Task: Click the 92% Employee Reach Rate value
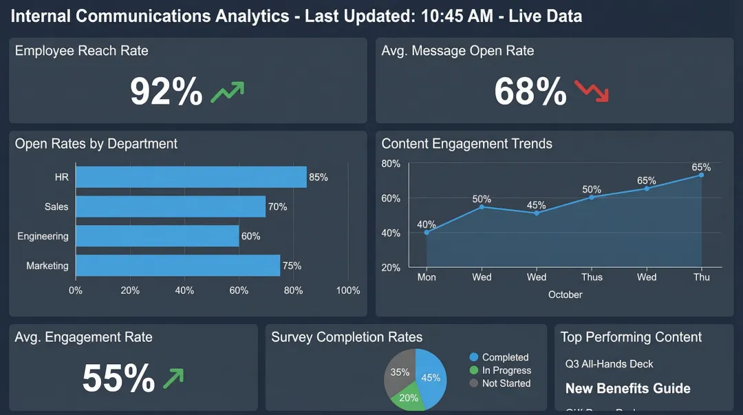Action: click(166, 92)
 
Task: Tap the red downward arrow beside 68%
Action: click(592, 91)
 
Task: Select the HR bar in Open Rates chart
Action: click(191, 177)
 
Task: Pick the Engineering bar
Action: click(157, 236)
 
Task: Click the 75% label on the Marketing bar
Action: click(292, 266)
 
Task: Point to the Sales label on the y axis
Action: click(56, 206)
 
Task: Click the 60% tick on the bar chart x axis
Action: click(239, 290)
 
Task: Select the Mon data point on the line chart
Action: click(427, 232)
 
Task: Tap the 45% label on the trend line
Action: click(536, 205)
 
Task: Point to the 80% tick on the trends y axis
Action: click(391, 163)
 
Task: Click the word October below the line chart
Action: click(565, 295)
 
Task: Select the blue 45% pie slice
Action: click(431, 377)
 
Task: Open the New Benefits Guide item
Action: click(627, 389)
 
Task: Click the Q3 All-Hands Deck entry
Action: click(609, 363)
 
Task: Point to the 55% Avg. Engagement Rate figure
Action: click(118, 378)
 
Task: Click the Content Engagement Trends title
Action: click(466, 144)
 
